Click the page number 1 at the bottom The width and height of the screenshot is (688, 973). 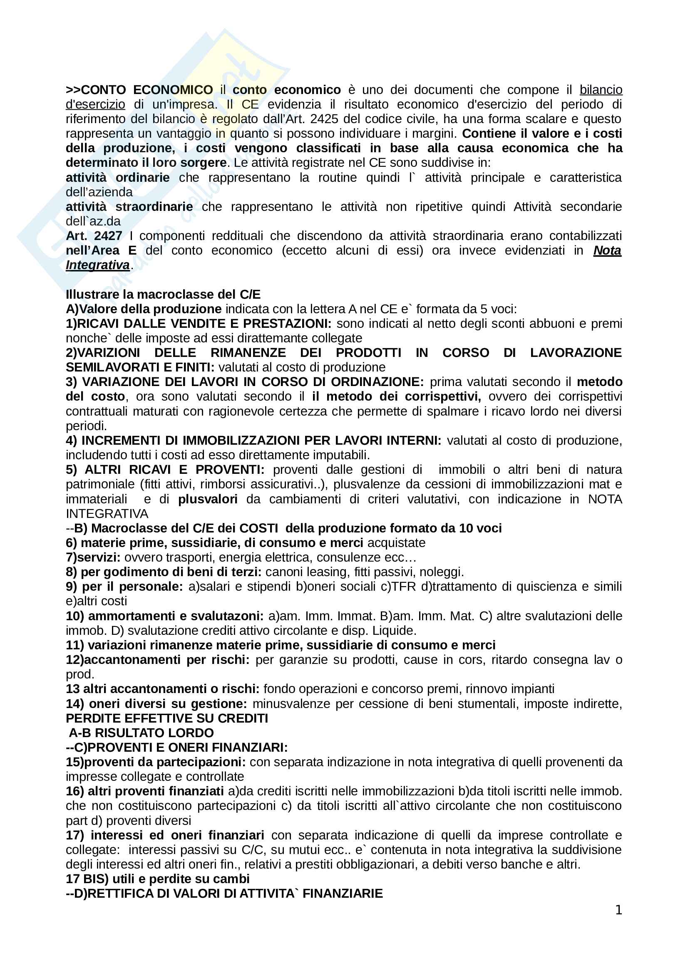click(618, 910)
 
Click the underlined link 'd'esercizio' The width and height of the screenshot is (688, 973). click(95, 104)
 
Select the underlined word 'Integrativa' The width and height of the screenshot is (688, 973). click(97, 265)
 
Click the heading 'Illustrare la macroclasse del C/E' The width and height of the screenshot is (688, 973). click(163, 294)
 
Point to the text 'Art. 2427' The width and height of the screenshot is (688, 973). click(94, 235)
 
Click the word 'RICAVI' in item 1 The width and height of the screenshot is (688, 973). click(98, 323)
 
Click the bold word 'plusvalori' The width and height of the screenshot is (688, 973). click(208, 499)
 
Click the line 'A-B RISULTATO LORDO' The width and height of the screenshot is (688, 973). click(141, 733)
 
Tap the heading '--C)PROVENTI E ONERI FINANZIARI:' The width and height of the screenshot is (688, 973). click(177, 748)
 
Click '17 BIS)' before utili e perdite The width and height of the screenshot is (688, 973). click(87, 879)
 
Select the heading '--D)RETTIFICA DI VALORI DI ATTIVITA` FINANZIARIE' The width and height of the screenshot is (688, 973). click(224, 893)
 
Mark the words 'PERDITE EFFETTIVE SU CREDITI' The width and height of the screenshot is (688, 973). click(167, 718)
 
